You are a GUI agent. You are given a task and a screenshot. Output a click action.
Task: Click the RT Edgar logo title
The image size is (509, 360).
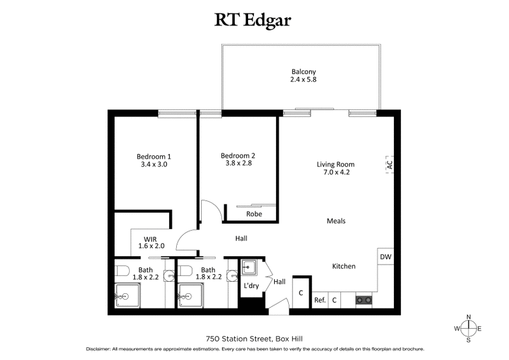pyautogui.click(x=254, y=20)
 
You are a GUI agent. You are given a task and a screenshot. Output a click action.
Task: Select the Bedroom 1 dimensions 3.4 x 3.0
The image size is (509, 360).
pyautogui.click(x=153, y=165)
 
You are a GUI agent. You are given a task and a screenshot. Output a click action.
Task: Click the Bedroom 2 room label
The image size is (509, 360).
pyautogui.click(x=237, y=155)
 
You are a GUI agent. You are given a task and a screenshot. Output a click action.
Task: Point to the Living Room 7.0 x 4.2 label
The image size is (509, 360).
pyautogui.click(x=335, y=168)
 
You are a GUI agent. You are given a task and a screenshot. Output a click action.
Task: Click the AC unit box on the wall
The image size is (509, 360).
pyautogui.click(x=388, y=164)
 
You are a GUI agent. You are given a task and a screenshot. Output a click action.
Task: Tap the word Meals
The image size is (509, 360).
pyautogui.click(x=336, y=221)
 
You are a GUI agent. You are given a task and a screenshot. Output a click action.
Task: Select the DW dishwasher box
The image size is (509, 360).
pyautogui.click(x=385, y=257)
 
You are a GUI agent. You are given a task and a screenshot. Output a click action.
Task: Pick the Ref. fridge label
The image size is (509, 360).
pyautogui.click(x=319, y=300)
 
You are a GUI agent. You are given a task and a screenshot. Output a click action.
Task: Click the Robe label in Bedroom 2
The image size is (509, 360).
pyautogui.click(x=254, y=214)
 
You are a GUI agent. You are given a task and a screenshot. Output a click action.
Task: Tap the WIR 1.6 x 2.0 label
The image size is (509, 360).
pyautogui.click(x=151, y=242)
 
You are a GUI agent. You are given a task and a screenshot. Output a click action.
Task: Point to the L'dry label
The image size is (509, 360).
pyautogui.click(x=251, y=286)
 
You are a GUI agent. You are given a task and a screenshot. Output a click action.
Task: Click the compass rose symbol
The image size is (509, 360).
pyautogui.click(x=469, y=328)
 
